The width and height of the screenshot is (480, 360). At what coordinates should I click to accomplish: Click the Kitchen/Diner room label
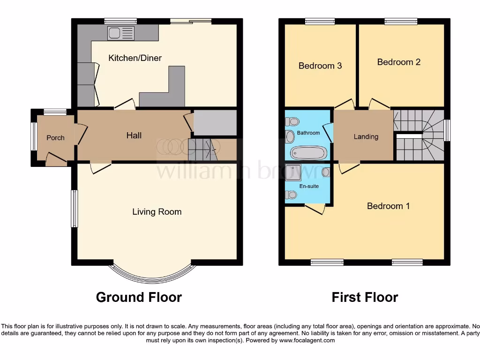coord(135,58)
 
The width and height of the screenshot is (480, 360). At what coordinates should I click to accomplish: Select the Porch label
coord(55,138)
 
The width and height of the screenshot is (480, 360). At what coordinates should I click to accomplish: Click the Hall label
coord(134,135)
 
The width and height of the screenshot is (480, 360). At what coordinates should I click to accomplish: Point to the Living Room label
coord(157,212)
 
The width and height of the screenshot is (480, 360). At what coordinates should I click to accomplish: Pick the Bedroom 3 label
coord(320,66)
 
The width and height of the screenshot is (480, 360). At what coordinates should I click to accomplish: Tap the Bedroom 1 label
coord(388,206)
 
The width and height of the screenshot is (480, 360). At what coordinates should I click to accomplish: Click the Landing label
coord(366,137)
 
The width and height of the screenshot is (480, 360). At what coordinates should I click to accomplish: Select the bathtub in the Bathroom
coord(308,152)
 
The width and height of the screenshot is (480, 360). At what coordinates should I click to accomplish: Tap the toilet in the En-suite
coord(291,195)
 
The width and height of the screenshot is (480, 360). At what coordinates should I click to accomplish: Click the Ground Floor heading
coord(139,297)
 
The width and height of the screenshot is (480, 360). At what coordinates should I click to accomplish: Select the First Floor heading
coord(365,297)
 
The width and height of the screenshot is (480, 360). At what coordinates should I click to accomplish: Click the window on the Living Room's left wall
coord(75,209)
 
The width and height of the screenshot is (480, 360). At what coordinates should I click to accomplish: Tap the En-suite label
coord(309,186)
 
